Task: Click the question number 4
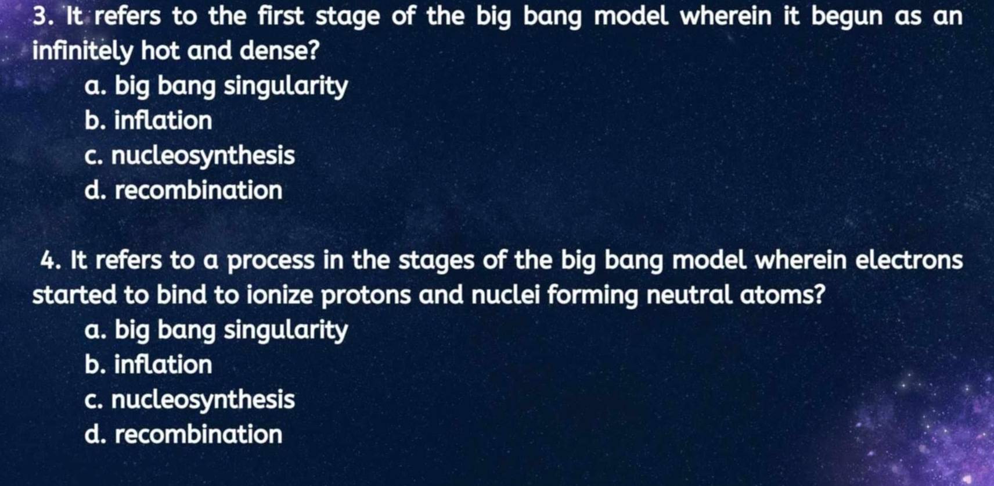point(51,261)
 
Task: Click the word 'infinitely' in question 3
point(82,52)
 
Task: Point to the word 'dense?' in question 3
point(280,51)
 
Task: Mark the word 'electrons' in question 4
point(909,261)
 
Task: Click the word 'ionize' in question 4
point(280,295)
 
